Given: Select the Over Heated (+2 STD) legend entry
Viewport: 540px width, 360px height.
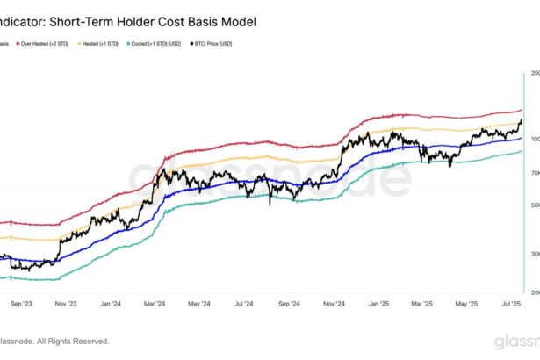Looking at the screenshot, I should point(44,42).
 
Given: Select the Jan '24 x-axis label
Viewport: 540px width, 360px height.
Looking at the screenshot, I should point(110,304).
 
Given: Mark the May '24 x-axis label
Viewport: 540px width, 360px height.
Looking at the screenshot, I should point(198,304).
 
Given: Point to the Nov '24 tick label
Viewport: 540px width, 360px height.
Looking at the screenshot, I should point(335,304).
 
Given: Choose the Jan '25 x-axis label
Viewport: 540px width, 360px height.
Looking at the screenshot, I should point(379,304).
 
